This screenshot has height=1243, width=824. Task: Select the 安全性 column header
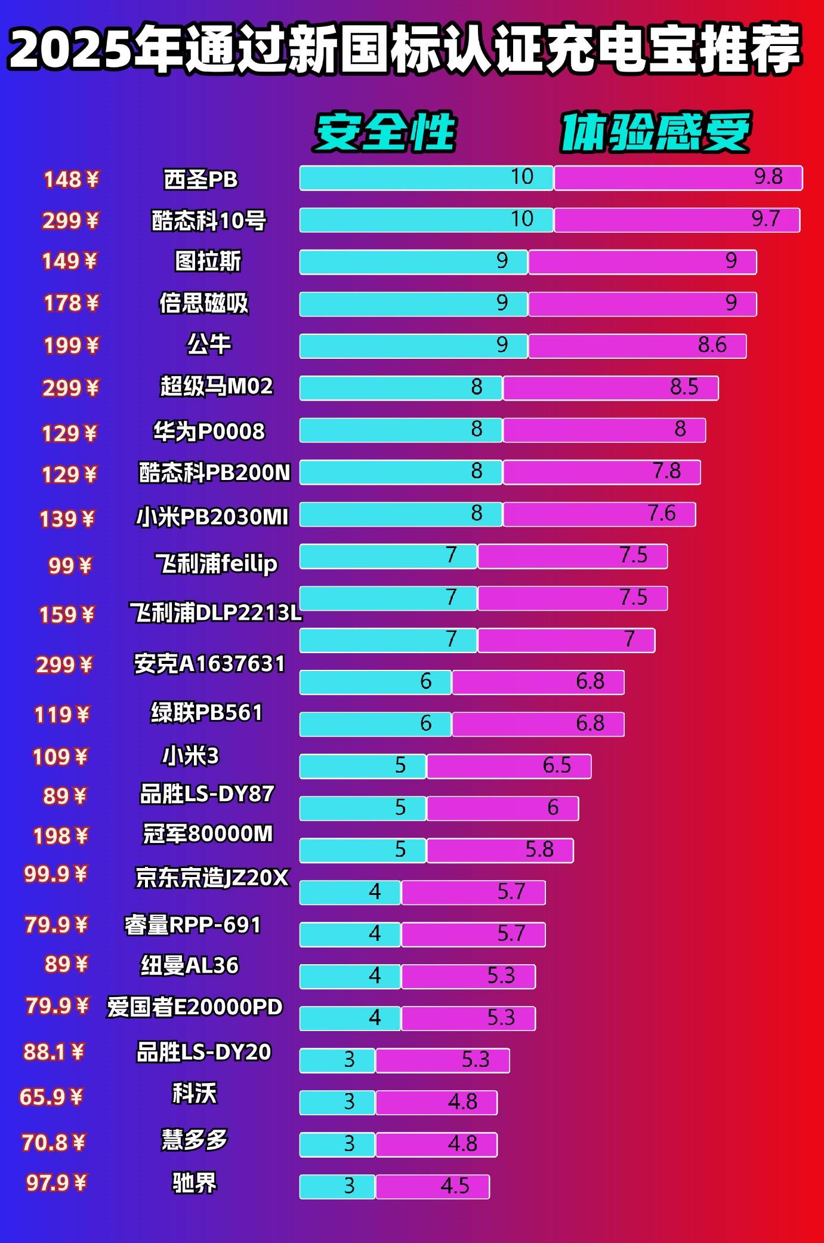(x=385, y=132)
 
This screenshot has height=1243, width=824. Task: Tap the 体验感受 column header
(x=655, y=132)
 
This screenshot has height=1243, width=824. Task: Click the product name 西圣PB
(x=200, y=179)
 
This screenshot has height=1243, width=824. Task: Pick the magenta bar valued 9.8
(x=678, y=178)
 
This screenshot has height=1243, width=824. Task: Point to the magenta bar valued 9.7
(x=677, y=220)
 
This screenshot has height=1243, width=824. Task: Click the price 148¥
(x=71, y=179)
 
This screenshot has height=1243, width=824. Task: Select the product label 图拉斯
(x=208, y=261)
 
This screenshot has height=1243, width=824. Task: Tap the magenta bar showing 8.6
(x=637, y=346)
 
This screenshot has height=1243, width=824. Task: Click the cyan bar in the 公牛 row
(x=413, y=346)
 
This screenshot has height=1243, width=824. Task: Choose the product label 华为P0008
(x=209, y=431)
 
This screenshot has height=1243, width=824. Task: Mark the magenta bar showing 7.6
(x=599, y=514)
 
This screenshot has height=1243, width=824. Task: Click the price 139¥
(x=67, y=519)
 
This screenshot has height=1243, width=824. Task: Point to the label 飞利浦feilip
(x=216, y=563)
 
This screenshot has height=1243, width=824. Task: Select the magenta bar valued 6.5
(x=509, y=767)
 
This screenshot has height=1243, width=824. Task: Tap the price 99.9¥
(x=55, y=874)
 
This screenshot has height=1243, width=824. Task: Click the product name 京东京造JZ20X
(x=212, y=878)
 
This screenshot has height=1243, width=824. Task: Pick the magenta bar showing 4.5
(x=433, y=1186)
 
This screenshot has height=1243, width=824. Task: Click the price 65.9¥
(x=51, y=1097)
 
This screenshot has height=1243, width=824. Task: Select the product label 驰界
(x=195, y=1182)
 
